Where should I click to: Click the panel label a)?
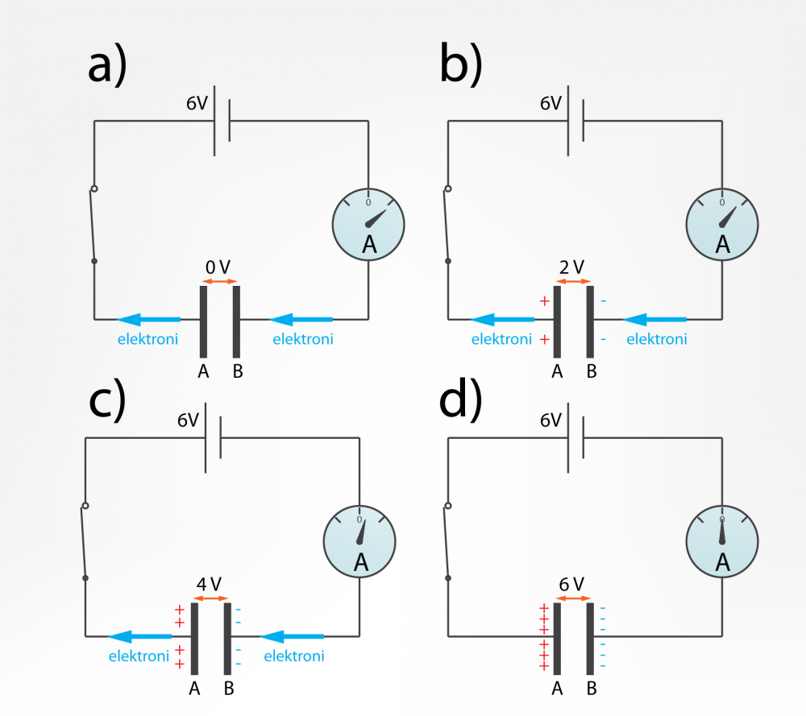click(x=106, y=67)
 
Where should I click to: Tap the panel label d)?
click(x=461, y=401)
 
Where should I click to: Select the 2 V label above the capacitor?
click(x=571, y=267)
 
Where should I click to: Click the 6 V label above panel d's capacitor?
click(x=571, y=583)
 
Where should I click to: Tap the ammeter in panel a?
click(x=368, y=223)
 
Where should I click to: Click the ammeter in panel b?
click(x=721, y=223)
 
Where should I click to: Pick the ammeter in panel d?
click(x=721, y=541)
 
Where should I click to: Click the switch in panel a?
click(x=93, y=226)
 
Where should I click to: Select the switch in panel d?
click(x=447, y=541)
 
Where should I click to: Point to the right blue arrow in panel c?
click(x=292, y=636)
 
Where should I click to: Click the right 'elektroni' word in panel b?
click(x=656, y=339)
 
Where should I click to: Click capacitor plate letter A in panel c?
click(x=194, y=689)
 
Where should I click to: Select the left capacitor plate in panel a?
click(x=204, y=320)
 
